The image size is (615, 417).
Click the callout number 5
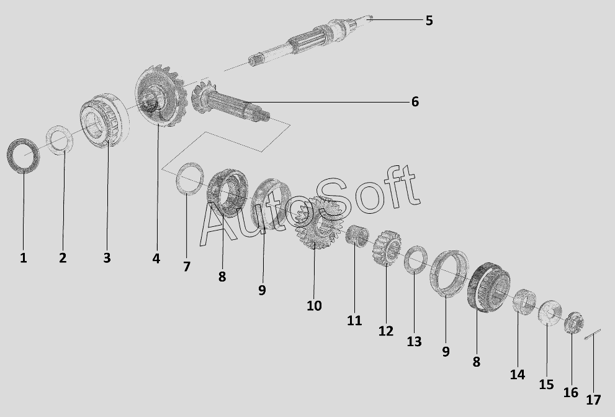(x=429, y=21)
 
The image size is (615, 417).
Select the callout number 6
(x=415, y=102)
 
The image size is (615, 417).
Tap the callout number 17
(x=593, y=400)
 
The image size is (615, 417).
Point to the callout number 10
(x=314, y=306)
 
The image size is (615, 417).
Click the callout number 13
(x=414, y=342)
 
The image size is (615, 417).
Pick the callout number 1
(x=24, y=258)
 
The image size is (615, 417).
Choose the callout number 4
(x=156, y=259)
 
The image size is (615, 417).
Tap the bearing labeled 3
(x=104, y=121)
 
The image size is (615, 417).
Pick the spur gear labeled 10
(x=318, y=222)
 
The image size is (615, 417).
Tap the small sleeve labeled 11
(x=357, y=236)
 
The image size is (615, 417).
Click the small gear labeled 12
(x=387, y=248)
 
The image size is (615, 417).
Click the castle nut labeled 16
(x=574, y=323)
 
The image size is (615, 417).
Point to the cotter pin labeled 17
(x=592, y=334)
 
